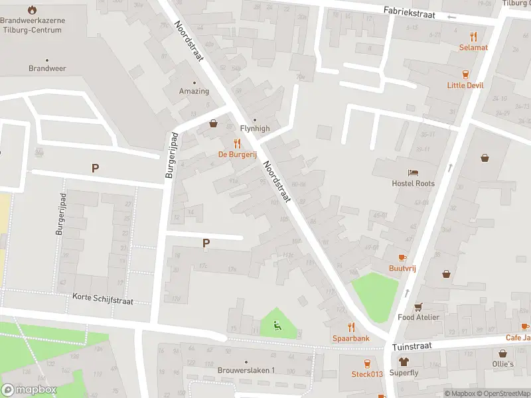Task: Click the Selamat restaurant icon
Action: pyautogui.click(x=473, y=36)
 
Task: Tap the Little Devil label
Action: pyautogui.click(x=465, y=85)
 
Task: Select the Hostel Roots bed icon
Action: pyautogui.click(x=413, y=172)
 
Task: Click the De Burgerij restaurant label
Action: pyautogui.click(x=237, y=154)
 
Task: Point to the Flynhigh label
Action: pyautogui.click(x=254, y=129)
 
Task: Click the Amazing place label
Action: pyautogui.click(x=194, y=92)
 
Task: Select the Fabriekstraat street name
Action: pyautogui.click(x=412, y=13)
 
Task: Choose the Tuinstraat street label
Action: pyautogui.click(x=412, y=346)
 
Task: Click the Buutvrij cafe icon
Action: pyautogui.click(x=402, y=257)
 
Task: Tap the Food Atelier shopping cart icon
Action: pyautogui.click(x=418, y=306)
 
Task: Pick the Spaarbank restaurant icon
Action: pyautogui.click(x=351, y=327)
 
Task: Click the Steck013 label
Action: pyautogui.click(x=367, y=374)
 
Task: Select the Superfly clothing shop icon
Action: pyautogui.click(x=404, y=362)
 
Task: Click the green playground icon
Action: pyautogui.click(x=277, y=325)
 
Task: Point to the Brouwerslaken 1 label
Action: pyautogui.click(x=246, y=370)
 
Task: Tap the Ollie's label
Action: pyautogui.click(x=503, y=364)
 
